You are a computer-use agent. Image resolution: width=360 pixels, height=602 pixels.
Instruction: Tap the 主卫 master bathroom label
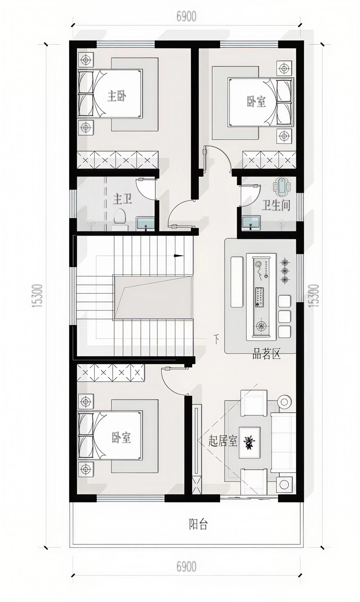tap(123, 199)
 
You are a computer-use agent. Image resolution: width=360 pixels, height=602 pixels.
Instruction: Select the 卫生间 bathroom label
tap(276, 205)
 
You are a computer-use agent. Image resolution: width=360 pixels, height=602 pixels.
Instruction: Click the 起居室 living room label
tap(223, 441)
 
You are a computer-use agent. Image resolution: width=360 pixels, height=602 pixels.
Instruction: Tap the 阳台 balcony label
tap(198, 524)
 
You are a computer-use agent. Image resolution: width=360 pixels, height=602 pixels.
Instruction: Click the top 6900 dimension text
tap(186, 17)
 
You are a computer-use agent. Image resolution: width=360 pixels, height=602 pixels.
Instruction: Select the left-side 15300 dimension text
tap(38, 295)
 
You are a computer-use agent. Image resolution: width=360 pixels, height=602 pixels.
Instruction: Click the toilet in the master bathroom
tap(120, 219)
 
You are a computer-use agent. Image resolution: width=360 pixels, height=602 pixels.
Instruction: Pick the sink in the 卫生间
tap(251, 223)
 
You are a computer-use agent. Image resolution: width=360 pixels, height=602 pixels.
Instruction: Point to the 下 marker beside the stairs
tap(216, 339)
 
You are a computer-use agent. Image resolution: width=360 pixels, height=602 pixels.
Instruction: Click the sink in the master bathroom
tap(145, 224)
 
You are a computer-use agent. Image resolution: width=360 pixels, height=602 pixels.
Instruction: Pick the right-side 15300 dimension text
tap(314, 295)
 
